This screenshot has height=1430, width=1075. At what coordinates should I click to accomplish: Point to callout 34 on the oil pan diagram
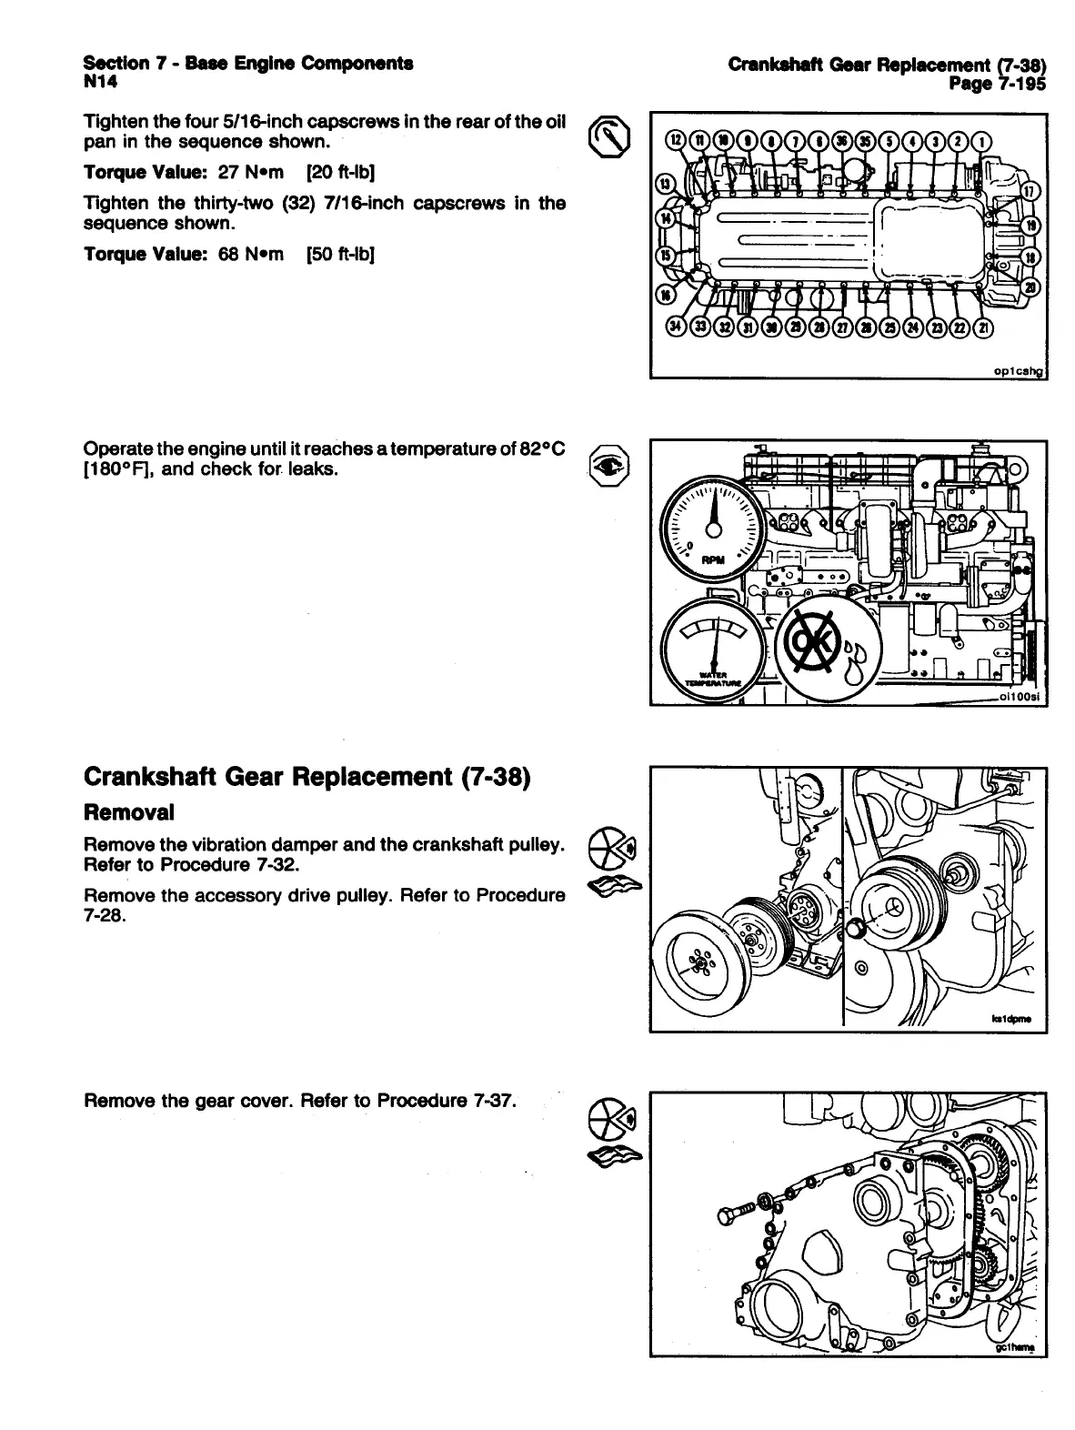pyautogui.click(x=676, y=327)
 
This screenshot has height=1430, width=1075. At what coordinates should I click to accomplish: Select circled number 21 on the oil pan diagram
pyautogui.click(x=982, y=327)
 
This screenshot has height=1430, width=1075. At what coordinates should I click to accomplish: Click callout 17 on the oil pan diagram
pyautogui.click(x=1030, y=192)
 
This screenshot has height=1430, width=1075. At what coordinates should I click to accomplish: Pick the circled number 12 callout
pyautogui.click(x=676, y=141)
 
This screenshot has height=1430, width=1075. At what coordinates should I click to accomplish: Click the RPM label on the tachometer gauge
pyautogui.click(x=712, y=560)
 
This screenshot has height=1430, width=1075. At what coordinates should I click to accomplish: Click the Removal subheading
pyautogui.click(x=128, y=811)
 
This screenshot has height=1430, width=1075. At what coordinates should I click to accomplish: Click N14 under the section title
pyautogui.click(x=100, y=82)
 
